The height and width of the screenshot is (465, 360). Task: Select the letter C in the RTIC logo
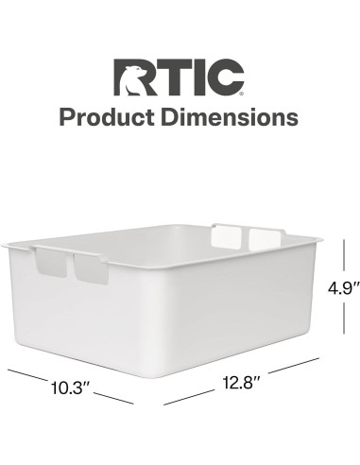[x=227, y=78]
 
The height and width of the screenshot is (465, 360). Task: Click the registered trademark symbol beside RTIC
[x=247, y=93]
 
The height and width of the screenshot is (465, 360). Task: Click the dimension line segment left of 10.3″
[x=28, y=374]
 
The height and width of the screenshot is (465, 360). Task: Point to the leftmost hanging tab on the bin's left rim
[x=52, y=263]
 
